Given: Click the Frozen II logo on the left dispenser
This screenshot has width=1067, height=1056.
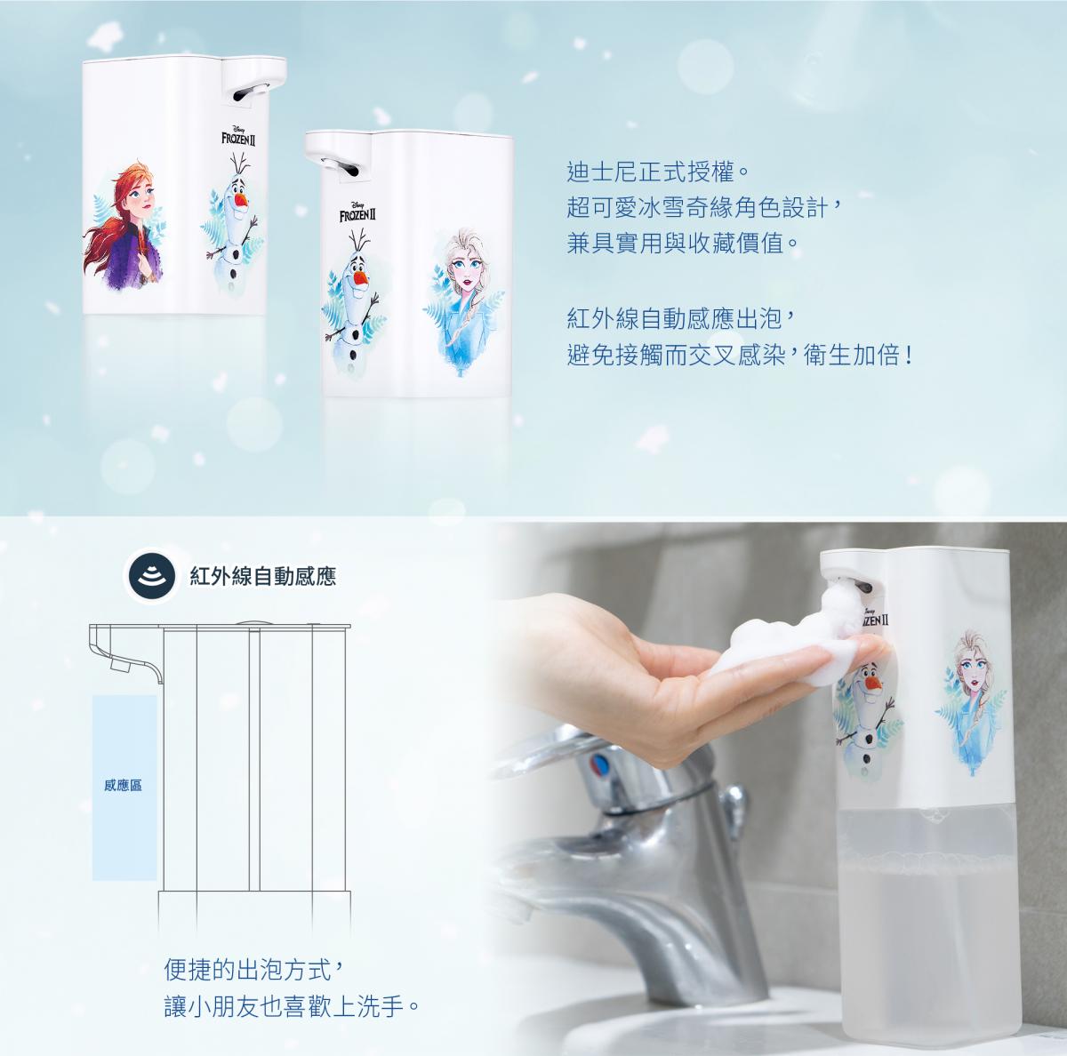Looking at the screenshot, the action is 238,136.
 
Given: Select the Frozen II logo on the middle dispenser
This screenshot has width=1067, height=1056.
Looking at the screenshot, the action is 357,213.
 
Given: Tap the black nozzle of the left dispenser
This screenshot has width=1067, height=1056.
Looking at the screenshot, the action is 250,92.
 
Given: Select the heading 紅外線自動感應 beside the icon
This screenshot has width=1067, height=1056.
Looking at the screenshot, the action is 263,577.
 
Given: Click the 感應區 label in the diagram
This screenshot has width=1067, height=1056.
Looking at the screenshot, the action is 123,785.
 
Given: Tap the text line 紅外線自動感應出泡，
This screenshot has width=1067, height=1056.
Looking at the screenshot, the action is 682,319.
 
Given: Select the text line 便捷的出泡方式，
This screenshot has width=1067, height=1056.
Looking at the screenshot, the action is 255,969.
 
